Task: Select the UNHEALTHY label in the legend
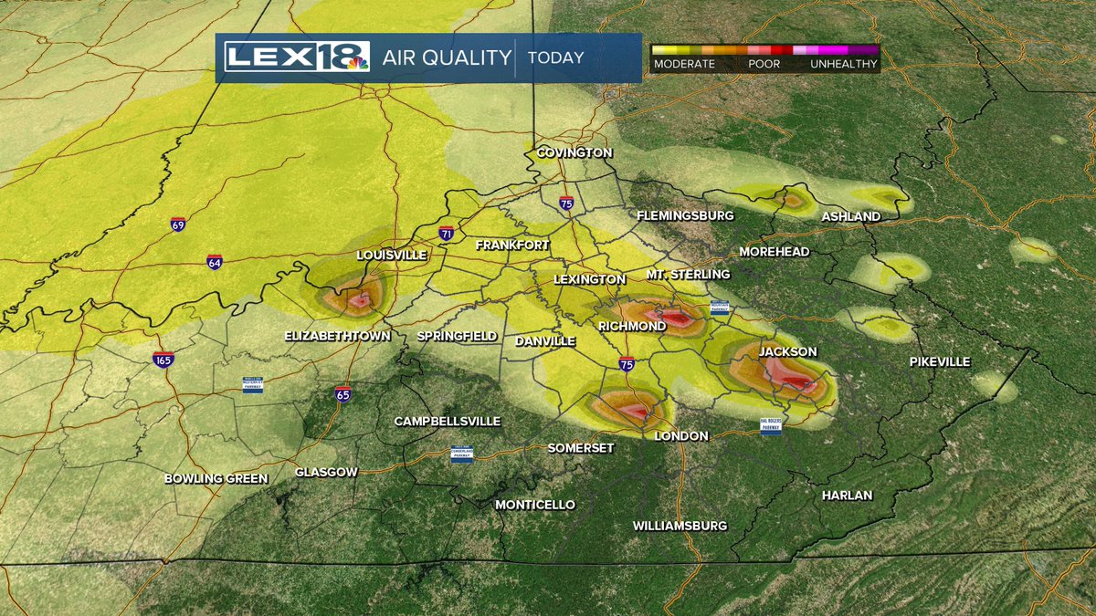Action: coord(843,65)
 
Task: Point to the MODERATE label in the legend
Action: coord(683,65)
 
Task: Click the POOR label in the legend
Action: coord(764,65)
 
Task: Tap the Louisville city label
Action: coord(392,255)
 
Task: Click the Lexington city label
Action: coord(590,278)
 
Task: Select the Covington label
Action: coord(574,152)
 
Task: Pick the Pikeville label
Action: coord(940,362)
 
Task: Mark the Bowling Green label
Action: coord(216,478)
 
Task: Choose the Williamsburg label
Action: coord(680,526)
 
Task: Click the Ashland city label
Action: coord(850,216)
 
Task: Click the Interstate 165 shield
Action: coord(163,360)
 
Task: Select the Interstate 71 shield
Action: coord(447,234)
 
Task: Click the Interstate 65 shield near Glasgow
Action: coord(342,394)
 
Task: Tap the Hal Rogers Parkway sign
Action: coord(772,426)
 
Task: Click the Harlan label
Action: coord(847,496)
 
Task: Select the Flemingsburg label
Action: coord(686,216)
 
